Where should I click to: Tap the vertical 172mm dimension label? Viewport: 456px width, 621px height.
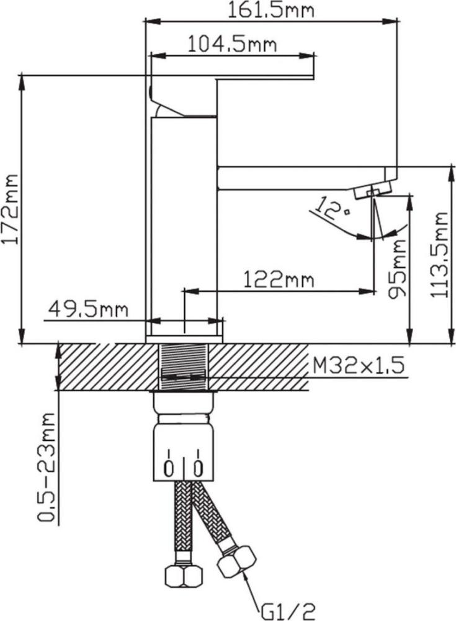point(10,209)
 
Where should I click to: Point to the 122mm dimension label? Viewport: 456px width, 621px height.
point(279,279)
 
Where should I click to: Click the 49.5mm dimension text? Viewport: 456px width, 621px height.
point(88,309)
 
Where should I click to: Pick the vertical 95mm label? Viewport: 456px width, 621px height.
point(396,269)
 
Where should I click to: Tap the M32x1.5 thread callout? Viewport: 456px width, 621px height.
point(359,365)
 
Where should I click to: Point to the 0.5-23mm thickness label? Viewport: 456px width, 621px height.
point(47,468)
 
